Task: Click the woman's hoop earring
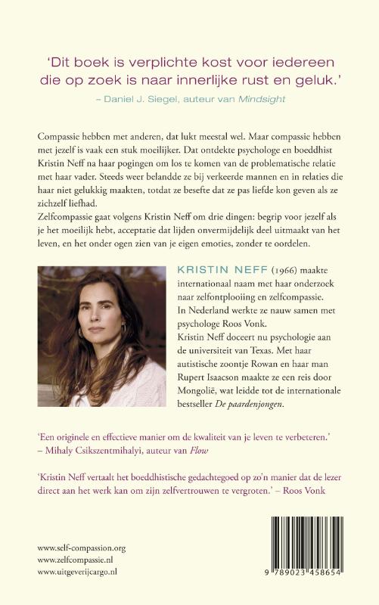123,330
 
